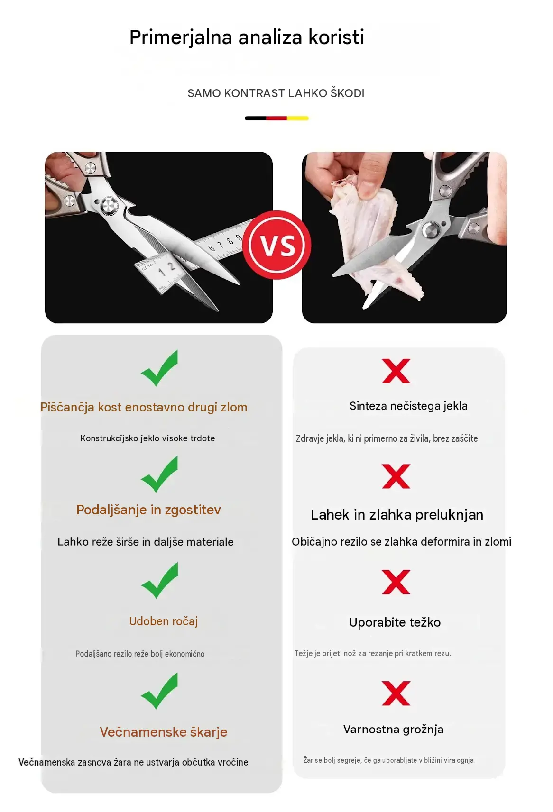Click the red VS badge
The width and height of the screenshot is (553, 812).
[x=276, y=245]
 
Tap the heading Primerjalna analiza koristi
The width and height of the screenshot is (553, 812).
[x=247, y=37]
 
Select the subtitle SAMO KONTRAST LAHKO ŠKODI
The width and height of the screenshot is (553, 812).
[x=276, y=93]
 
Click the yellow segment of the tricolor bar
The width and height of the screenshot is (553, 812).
[x=298, y=118]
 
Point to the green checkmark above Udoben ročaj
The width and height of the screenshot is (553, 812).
[x=159, y=580]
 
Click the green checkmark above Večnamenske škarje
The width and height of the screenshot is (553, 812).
[x=159, y=691]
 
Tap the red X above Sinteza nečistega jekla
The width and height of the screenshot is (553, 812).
[x=396, y=371]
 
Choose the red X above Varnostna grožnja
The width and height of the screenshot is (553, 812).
[x=396, y=693]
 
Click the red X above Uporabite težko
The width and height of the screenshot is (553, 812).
[x=396, y=582]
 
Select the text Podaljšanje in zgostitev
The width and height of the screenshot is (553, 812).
[x=148, y=510]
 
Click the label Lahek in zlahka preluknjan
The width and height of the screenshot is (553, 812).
[x=397, y=515]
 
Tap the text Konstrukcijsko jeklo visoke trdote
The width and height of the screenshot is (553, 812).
[x=147, y=438]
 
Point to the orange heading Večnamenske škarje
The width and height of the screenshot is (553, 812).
[x=164, y=732]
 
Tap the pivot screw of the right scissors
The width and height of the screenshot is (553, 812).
[x=431, y=230]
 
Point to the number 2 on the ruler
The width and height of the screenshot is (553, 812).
[x=172, y=266]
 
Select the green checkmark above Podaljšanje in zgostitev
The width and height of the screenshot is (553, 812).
[x=159, y=474]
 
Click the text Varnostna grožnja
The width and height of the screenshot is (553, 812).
[x=394, y=730]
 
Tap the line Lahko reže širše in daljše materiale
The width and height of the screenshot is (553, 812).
[x=146, y=542]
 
